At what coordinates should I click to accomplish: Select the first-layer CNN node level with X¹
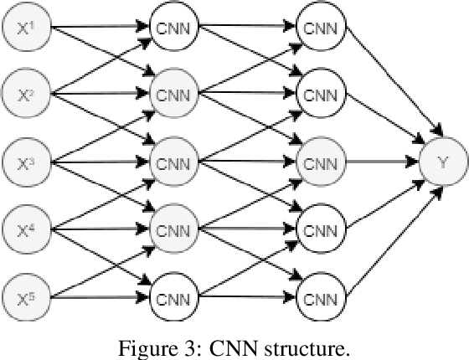pyautogui.click(x=174, y=28)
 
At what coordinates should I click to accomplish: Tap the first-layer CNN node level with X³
pyautogui.click(x=174, y=160)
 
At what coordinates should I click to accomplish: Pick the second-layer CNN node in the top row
pyautogui.click(x=321, y=28)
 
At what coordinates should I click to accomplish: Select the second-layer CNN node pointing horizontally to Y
pyautogui.click(x=321, y=160)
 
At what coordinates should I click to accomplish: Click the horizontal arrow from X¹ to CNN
pyautogui.click(x=100, y=28)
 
